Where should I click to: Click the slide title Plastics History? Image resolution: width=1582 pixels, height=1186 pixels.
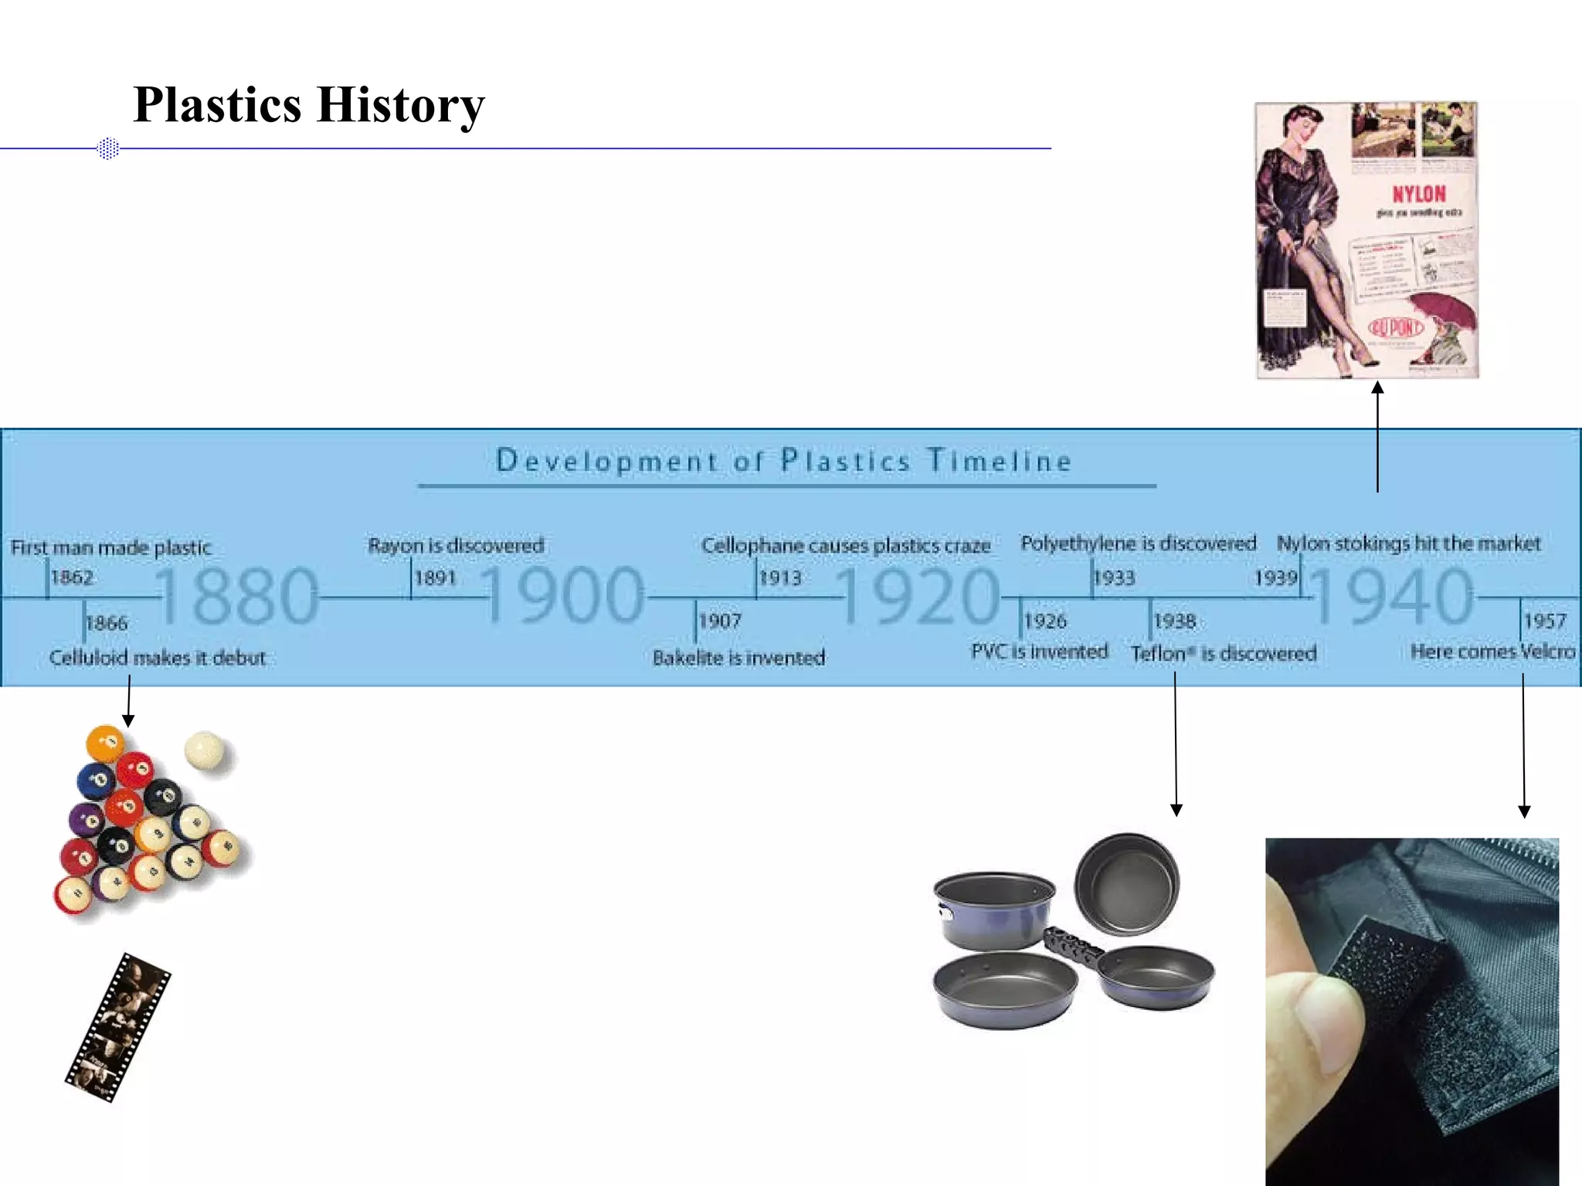pos(309,105)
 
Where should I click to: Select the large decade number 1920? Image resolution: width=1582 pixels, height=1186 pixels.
pos(919,595)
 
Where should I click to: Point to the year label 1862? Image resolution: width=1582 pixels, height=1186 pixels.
pos(72,578)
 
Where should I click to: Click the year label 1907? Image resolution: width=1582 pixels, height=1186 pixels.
pos(720,621)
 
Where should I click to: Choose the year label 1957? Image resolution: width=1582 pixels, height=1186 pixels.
pos(1544,621)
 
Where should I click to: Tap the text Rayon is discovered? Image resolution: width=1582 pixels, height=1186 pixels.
pos(456,546)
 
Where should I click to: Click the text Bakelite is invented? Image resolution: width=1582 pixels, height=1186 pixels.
pos(738,658)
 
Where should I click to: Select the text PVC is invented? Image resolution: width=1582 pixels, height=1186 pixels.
pos(1039,652)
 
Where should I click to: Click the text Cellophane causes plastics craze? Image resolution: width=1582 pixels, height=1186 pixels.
pos(845,546)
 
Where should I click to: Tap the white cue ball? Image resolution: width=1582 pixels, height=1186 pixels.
pos(205,750)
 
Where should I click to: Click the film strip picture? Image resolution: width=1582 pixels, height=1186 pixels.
pos(117,1027)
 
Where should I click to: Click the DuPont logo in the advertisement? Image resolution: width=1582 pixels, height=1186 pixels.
pos(1396,327)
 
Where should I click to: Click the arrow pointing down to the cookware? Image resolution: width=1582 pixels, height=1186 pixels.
pos(1176,741)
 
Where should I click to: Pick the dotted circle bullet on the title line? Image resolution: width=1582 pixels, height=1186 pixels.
pos(109,148)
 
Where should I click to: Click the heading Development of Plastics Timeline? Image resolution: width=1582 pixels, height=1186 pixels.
pos(783,461)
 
